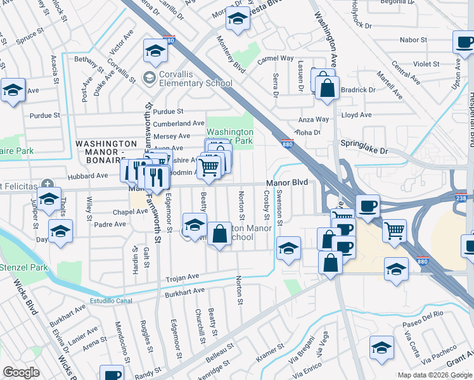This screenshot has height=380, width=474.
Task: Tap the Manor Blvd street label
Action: (x=286, y=183)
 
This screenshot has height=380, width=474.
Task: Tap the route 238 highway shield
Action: (x=460, y=198)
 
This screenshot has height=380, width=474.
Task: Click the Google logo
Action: (x=21, y=372)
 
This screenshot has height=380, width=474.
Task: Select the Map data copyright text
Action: (x=435, y=375)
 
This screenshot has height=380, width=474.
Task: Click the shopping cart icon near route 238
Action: (x=395, y=231)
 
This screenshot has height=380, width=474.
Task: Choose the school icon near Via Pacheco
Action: (x=381, y=349)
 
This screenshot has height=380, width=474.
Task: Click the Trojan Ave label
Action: (x=183, y=277)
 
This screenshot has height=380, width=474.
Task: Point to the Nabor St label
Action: (x=414, y=40)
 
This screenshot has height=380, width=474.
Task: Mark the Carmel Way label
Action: (x=275, y=59)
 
